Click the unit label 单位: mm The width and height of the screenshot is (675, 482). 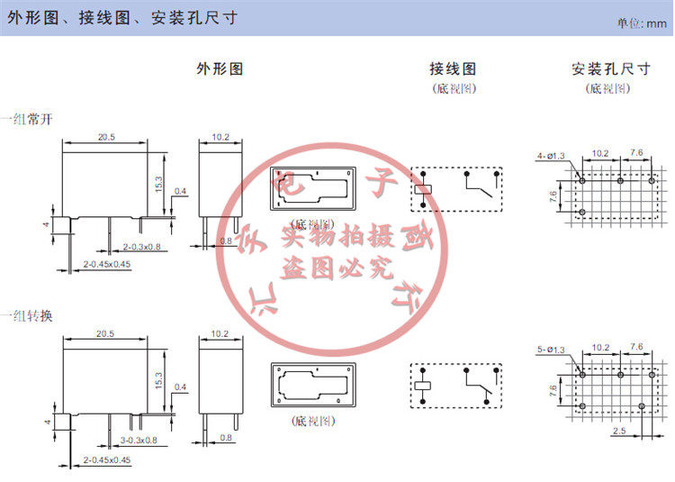[641, 23]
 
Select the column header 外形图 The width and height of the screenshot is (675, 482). [220, 68]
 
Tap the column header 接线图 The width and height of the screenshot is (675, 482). [453, 68]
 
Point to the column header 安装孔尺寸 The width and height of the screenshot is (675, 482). [610, 68]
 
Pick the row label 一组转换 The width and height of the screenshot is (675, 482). [27, 315]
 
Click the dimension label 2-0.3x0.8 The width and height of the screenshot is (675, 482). [140, 246]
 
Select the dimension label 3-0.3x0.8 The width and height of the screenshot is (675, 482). [139, 441]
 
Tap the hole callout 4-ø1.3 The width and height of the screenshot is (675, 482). [550, 156]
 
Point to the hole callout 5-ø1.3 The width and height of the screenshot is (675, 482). [550, 350]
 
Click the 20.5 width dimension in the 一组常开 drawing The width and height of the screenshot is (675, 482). [107, 137]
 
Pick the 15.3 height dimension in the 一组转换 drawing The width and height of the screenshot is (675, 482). [160, 382]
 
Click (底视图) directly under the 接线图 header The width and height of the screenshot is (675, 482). [453, 88]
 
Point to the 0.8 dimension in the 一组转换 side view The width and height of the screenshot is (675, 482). [226, 438]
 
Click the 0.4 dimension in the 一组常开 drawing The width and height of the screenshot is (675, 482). [180, 191]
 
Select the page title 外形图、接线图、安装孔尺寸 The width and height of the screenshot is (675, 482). [122, 18]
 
